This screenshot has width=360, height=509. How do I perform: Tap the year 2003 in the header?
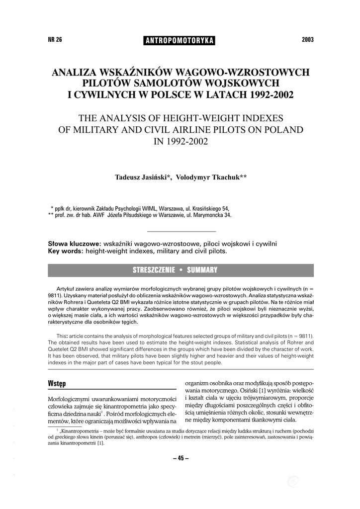coord(308,40)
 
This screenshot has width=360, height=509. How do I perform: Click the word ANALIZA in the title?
coord(78,72)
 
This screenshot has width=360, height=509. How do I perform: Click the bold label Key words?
coord(65,251)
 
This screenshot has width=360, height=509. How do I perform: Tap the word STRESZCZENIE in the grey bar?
coord(154,270)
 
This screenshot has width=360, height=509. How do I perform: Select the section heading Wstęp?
coord(57,384)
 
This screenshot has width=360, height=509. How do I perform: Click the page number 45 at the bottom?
coord(180,458)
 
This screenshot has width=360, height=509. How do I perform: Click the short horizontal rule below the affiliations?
coord(181,232)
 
